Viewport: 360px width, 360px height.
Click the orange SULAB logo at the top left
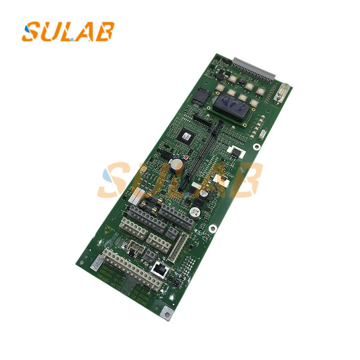pos(67,31)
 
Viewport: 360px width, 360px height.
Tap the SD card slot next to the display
pos(198,95)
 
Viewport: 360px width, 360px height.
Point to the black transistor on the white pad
pos(234,151)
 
